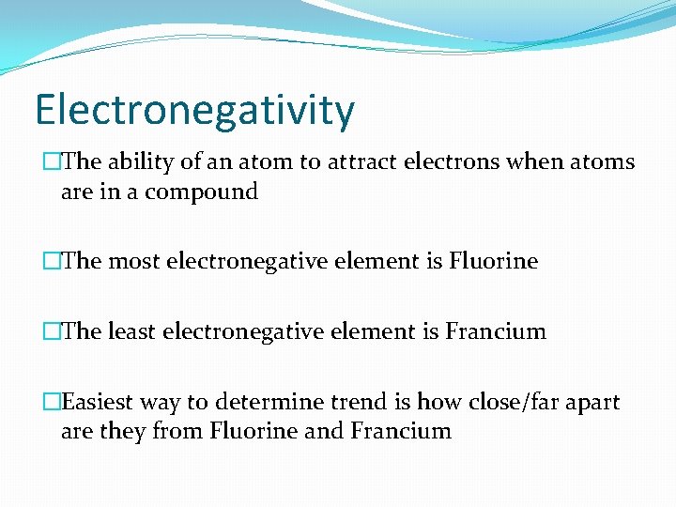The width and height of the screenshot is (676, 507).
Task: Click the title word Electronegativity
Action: pos(195,111)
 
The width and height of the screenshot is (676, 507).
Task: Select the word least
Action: pos(131,331)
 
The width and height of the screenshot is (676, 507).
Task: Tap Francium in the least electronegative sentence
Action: pos(496,331)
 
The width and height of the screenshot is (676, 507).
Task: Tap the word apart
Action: pos(592,403)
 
